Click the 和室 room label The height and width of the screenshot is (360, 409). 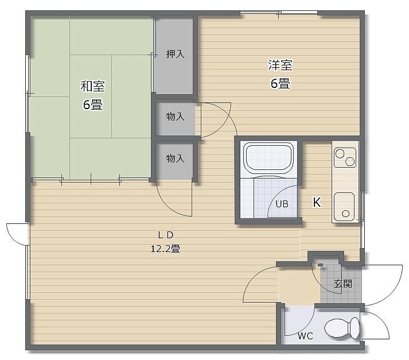[92, 86]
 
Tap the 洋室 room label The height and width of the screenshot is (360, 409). [280, 65]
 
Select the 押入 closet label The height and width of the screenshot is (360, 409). [176, 54]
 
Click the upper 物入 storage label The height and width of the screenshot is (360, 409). [176, 117]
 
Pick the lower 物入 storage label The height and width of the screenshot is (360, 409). [176, 158]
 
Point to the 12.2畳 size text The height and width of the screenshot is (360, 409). [165, 249]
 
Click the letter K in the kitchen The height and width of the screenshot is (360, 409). [317, 202]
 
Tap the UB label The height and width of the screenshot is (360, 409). [282, 204]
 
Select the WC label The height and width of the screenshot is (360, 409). [305, 336]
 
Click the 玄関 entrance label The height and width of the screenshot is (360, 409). [343, 284]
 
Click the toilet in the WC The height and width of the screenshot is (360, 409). [342, 328]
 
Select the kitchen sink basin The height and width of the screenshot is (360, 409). [344, 207]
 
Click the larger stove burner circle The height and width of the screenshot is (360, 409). [340, 153]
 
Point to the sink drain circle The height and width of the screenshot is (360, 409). [346, 214]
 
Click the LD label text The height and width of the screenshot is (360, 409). [165, 235]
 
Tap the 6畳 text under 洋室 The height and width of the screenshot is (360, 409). [280, 84]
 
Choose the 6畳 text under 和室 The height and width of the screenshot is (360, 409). [92, 105]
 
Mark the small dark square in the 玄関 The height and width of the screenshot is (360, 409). [321, 265]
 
